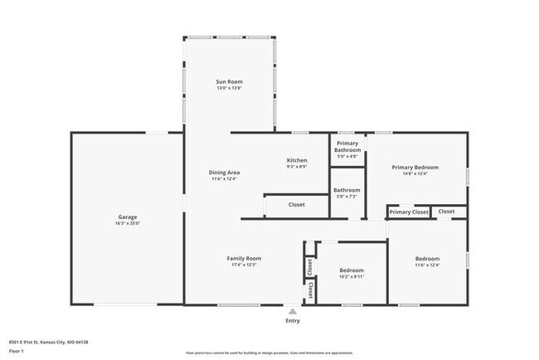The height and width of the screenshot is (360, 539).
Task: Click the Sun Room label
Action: [229, 81]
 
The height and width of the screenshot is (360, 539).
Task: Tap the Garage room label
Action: [127, 216]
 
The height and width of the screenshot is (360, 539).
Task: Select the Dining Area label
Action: [224, 172]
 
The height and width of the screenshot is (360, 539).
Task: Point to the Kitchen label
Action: [297, 160]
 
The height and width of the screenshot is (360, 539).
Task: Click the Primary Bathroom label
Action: [347, 147]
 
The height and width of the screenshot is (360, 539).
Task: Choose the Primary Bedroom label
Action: [415, 167]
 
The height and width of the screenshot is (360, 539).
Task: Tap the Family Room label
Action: [244, 258]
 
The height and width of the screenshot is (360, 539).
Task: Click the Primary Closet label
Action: [409, 212]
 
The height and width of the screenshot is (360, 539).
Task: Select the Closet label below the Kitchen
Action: [296, 204]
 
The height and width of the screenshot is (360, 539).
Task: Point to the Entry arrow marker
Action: [293, 310]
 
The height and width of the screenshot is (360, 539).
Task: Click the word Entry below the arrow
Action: [293, 321]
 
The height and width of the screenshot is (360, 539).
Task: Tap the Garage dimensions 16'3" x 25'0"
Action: [127, 223]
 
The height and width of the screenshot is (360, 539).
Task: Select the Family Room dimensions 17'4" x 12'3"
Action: [244, 265]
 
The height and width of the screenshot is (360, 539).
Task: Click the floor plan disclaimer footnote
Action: [269, 352]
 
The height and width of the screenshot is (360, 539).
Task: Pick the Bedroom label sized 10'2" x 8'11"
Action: [352, 270]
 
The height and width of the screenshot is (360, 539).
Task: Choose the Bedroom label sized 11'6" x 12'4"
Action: [427, 258]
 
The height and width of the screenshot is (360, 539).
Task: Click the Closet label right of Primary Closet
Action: [446, 212]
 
